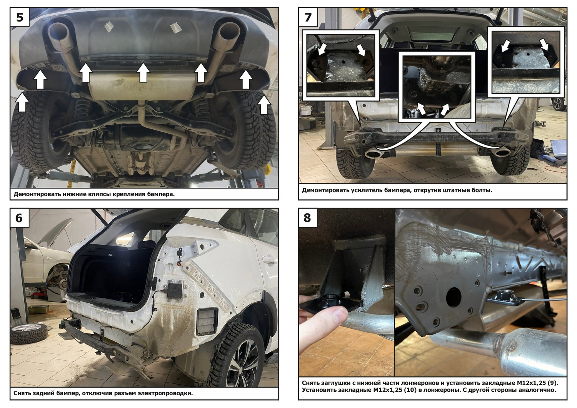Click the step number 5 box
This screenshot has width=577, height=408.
20,17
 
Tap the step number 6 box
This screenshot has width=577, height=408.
20,218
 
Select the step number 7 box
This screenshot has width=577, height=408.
308,17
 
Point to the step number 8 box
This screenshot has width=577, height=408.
308,218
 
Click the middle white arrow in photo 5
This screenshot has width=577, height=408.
143,73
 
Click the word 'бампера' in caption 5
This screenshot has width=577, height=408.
164,194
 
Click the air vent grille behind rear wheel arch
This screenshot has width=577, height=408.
207,322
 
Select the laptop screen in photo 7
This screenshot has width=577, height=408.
558,148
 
